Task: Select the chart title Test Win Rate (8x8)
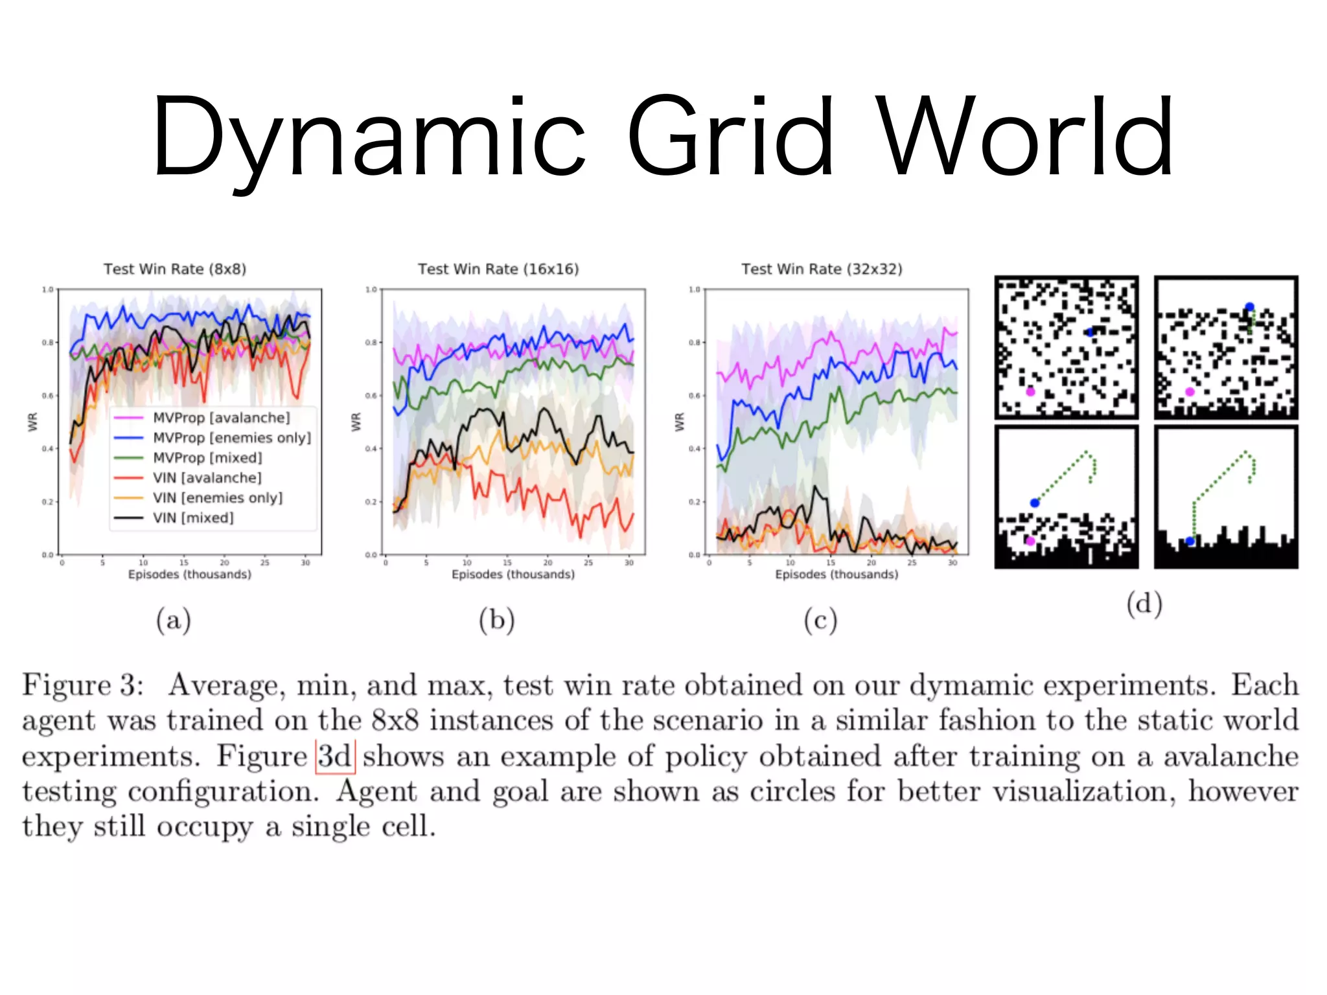175,269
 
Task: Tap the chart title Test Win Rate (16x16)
498,269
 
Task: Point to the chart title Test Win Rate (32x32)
822,269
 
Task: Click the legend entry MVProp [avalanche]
221,418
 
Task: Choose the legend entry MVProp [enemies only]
231,438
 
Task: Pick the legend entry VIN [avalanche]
207,478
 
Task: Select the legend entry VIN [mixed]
193,518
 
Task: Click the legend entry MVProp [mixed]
207,458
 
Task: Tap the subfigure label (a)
174,620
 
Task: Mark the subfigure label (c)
820,620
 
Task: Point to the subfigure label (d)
1144,604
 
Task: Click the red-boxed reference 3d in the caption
335,757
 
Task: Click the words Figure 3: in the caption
83,685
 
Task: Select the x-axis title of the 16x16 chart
513,575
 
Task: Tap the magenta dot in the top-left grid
1030,392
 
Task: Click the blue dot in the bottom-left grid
1035,503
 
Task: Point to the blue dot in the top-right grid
1249,307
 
